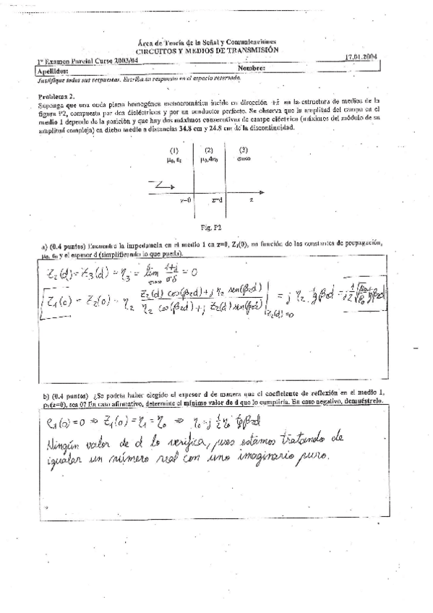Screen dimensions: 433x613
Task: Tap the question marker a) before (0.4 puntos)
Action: [44, 247]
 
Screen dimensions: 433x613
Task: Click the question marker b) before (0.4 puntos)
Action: [45, 397]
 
